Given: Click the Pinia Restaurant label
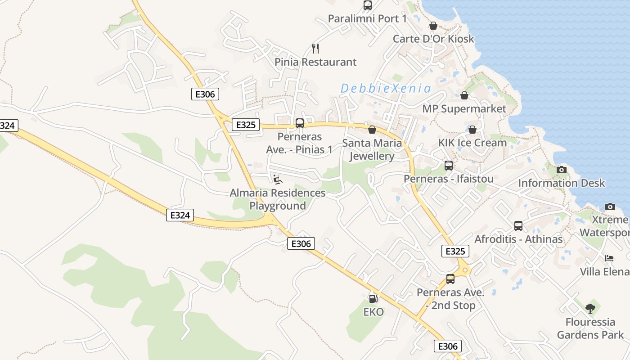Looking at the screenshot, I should pos(315,62).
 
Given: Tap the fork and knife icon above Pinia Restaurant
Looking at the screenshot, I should pos(315,48).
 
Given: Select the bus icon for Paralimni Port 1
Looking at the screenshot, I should pos(368,5).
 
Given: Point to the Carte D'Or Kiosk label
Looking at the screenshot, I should pos(433,39).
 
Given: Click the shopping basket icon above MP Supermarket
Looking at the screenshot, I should pos(464,95).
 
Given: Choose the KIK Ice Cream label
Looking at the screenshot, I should pos(472,143).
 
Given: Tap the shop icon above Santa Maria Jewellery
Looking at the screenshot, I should pos(372,130).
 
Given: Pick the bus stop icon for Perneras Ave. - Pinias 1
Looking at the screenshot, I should pos(299,123).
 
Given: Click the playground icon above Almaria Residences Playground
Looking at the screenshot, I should pos(278,180).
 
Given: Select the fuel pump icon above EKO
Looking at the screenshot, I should pos(373,298).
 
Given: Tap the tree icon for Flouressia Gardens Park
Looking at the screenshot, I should pos(590,309).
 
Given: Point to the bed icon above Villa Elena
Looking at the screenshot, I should pos(609,258).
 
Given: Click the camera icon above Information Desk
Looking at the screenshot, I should pos(561,170).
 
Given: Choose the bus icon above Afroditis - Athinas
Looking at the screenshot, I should pos(518,225).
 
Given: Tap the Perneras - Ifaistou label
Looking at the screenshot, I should pos(449,179).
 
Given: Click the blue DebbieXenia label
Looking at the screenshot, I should pos(386,88).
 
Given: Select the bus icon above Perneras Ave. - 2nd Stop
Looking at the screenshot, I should pos(450,279).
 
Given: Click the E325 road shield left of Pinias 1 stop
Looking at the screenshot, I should pos(246,125).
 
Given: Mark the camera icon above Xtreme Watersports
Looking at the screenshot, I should pos(610,207).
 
